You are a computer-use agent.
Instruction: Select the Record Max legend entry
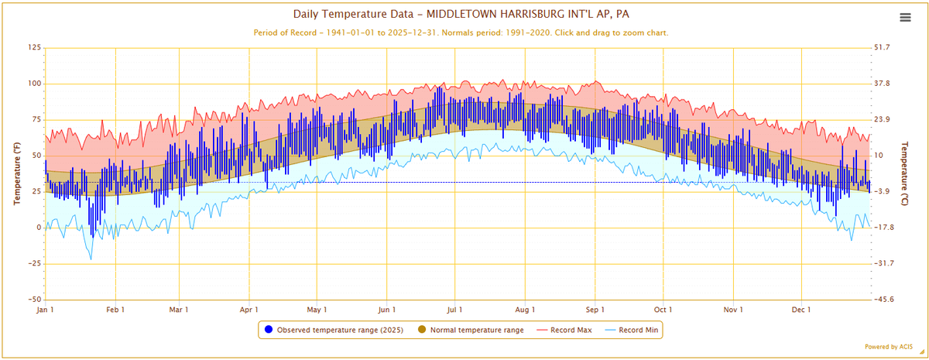tap(571, 330)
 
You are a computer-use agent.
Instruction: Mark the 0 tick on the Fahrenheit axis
tap(36, 228)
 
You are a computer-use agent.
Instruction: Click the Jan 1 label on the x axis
tap(46, 310)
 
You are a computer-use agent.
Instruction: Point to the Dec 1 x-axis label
tap(800, 310)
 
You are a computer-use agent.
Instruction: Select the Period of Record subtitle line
tap(461, 33)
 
